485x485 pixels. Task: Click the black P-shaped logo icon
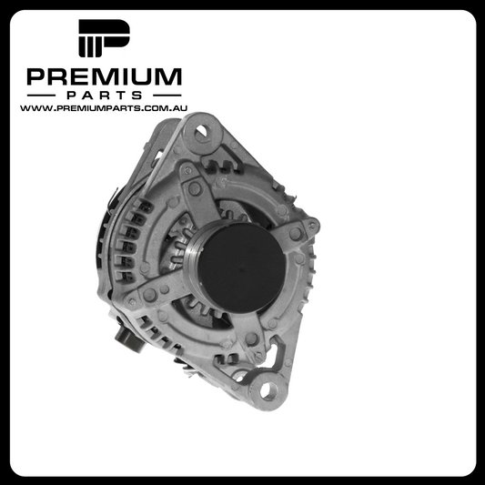[104, 38]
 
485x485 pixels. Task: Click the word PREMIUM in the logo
[105, 76]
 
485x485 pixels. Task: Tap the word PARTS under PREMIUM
[105, 96]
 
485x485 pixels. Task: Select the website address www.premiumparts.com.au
[104, 108]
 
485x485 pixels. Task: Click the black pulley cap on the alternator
[241, 268]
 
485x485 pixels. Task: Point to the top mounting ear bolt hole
[201, 131]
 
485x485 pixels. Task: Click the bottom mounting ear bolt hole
[268, 391]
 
